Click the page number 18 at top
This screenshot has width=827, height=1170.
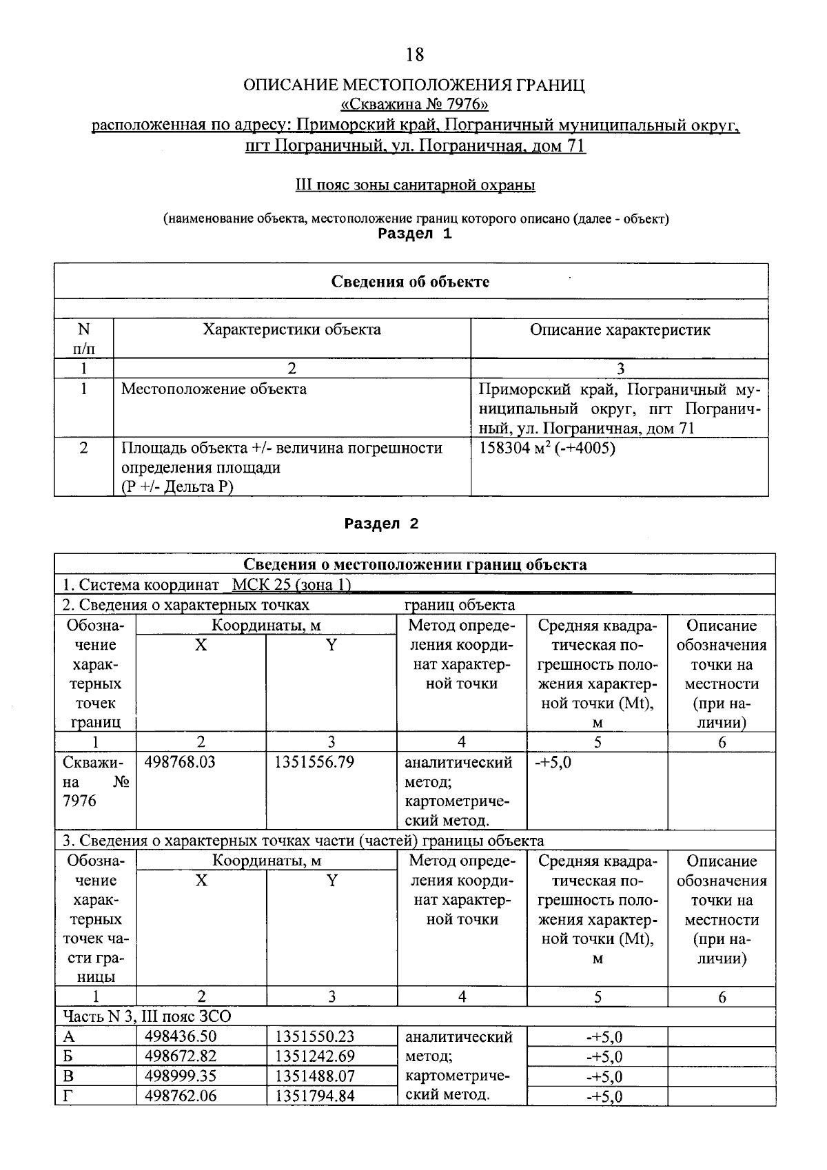point(415,54)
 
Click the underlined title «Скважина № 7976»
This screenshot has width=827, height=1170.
point(415,105)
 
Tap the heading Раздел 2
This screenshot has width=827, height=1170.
point(382,524)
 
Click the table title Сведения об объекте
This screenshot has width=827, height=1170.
point(411,282)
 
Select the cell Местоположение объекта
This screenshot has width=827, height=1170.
point(214,389)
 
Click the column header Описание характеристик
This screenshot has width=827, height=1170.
point(620,330)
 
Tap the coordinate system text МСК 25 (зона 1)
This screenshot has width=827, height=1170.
point(292,585)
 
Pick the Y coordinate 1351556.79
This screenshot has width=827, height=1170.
point(314,763)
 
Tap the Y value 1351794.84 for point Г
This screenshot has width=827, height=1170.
point(315,1096)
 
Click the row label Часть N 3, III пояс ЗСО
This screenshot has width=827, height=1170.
point(147,1017)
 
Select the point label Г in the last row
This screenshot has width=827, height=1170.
point(68,1096)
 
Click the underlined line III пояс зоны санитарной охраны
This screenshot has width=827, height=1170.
point(415,185)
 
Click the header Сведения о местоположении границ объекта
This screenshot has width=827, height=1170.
point(415,565)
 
